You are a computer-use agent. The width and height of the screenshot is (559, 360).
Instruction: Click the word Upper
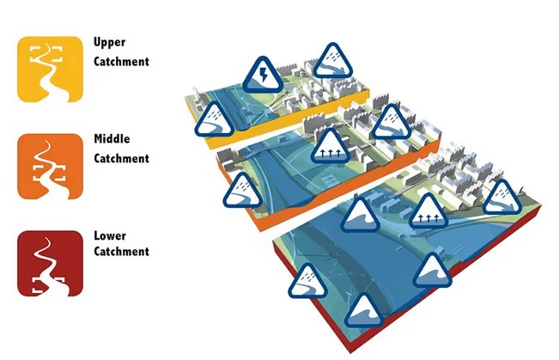tap(111, 42)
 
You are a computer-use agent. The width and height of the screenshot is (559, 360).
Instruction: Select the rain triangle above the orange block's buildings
tap(392, 122)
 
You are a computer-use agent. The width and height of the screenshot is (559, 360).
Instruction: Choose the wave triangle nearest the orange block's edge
tap(361, 215)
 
